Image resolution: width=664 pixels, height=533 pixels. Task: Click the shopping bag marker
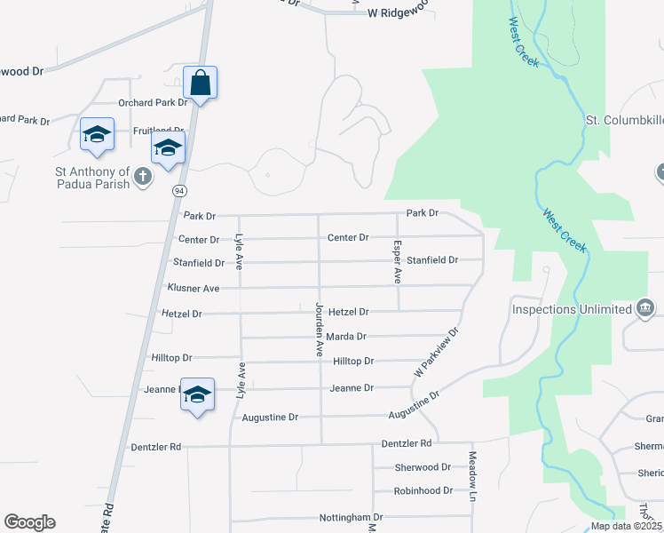pos(201,84)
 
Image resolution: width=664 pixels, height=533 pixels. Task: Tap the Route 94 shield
pos(179,191)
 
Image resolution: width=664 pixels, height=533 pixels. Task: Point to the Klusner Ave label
pos(193,289)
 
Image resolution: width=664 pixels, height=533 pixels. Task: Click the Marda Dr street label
pos(346,337)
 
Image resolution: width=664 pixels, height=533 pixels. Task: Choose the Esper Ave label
pos(398,262)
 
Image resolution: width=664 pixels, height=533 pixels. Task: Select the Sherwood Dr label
pos(423,467)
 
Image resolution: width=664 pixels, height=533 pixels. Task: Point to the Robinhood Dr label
pos(423,490)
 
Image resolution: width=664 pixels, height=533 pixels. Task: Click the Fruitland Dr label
pos(157,131)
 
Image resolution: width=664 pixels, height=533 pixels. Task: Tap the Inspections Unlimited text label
pos(571,310)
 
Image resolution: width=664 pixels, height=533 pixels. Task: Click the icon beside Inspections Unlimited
pos(645,309)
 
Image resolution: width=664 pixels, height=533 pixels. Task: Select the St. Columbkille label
pos(624,120)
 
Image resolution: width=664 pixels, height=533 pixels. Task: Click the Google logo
pos(29,522)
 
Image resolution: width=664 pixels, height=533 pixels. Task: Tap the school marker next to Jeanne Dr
pos(198,396)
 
